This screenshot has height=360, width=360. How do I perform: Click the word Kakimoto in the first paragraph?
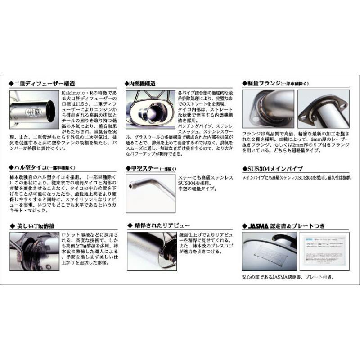click(72, 92)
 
